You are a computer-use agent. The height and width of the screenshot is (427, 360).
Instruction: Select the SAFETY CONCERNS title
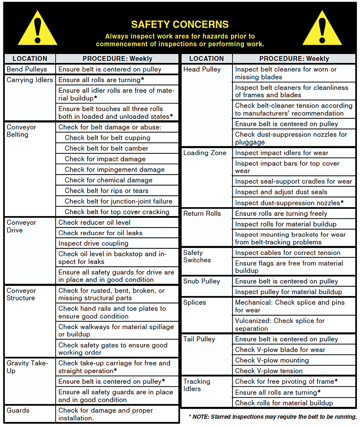pos(180,25)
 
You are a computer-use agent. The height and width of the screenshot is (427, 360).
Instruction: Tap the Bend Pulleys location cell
pos(27,69)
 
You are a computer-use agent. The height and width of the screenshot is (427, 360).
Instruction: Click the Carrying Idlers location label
pos(30,80)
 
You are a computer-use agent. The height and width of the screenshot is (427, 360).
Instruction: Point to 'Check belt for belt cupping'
pos(107,138)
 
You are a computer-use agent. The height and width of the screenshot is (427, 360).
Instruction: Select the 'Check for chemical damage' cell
pos(108,180)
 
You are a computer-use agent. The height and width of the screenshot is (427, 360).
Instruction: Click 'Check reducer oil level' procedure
pos(94,222)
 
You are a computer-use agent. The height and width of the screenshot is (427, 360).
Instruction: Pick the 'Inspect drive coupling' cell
pos(93,243)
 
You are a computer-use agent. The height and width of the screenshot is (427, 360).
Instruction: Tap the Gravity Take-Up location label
pos(27,367)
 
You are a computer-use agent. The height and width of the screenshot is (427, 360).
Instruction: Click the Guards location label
pos(18,410)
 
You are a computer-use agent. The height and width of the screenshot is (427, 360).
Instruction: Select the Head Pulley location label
pos(202,69)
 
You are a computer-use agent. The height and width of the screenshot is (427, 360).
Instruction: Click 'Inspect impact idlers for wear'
pos(282,153)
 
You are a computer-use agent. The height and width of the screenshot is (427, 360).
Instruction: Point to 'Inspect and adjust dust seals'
pos(281,192)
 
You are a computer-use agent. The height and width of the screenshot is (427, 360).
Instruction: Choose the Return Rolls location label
pos(202,213)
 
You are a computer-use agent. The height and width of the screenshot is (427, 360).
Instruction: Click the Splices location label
pos(195,302)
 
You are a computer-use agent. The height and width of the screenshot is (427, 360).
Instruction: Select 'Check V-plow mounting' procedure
pos(272,360)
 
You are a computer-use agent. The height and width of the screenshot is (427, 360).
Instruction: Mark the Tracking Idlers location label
pos(197,385)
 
